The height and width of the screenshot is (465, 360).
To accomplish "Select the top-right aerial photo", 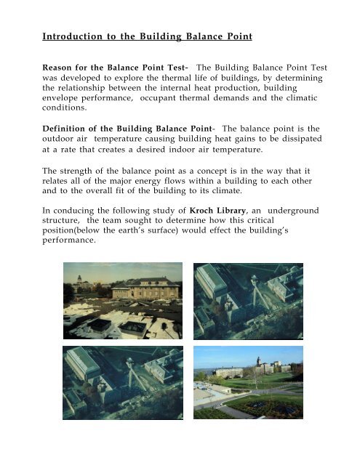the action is (x=248, y=299).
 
